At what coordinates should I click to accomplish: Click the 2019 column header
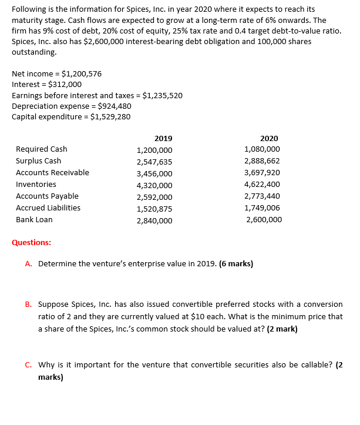click(163, 138)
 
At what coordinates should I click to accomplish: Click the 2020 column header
click(269, 138)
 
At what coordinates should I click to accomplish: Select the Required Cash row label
click(41, 149)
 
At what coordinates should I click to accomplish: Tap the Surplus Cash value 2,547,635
click(154, 162)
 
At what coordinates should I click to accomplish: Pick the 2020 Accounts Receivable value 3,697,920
click(262, 173)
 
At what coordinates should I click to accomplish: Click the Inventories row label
click(36, 185)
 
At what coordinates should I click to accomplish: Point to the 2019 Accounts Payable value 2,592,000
click(154, 197)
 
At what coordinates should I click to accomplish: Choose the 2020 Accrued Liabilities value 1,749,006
click(262, 208)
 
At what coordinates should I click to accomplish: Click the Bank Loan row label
click(34, 220)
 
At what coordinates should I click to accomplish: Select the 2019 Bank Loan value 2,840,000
click(154, 220)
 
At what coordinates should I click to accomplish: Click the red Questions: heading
click(31, 242)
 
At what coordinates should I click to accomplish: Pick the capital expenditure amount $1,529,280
click(110, 116)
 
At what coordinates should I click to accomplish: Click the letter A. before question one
click(29, 263)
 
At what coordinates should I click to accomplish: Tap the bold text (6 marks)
click(235, 263)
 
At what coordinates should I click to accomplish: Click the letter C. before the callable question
click(29, 364)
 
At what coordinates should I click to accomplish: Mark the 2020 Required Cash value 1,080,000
click(262, 149)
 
